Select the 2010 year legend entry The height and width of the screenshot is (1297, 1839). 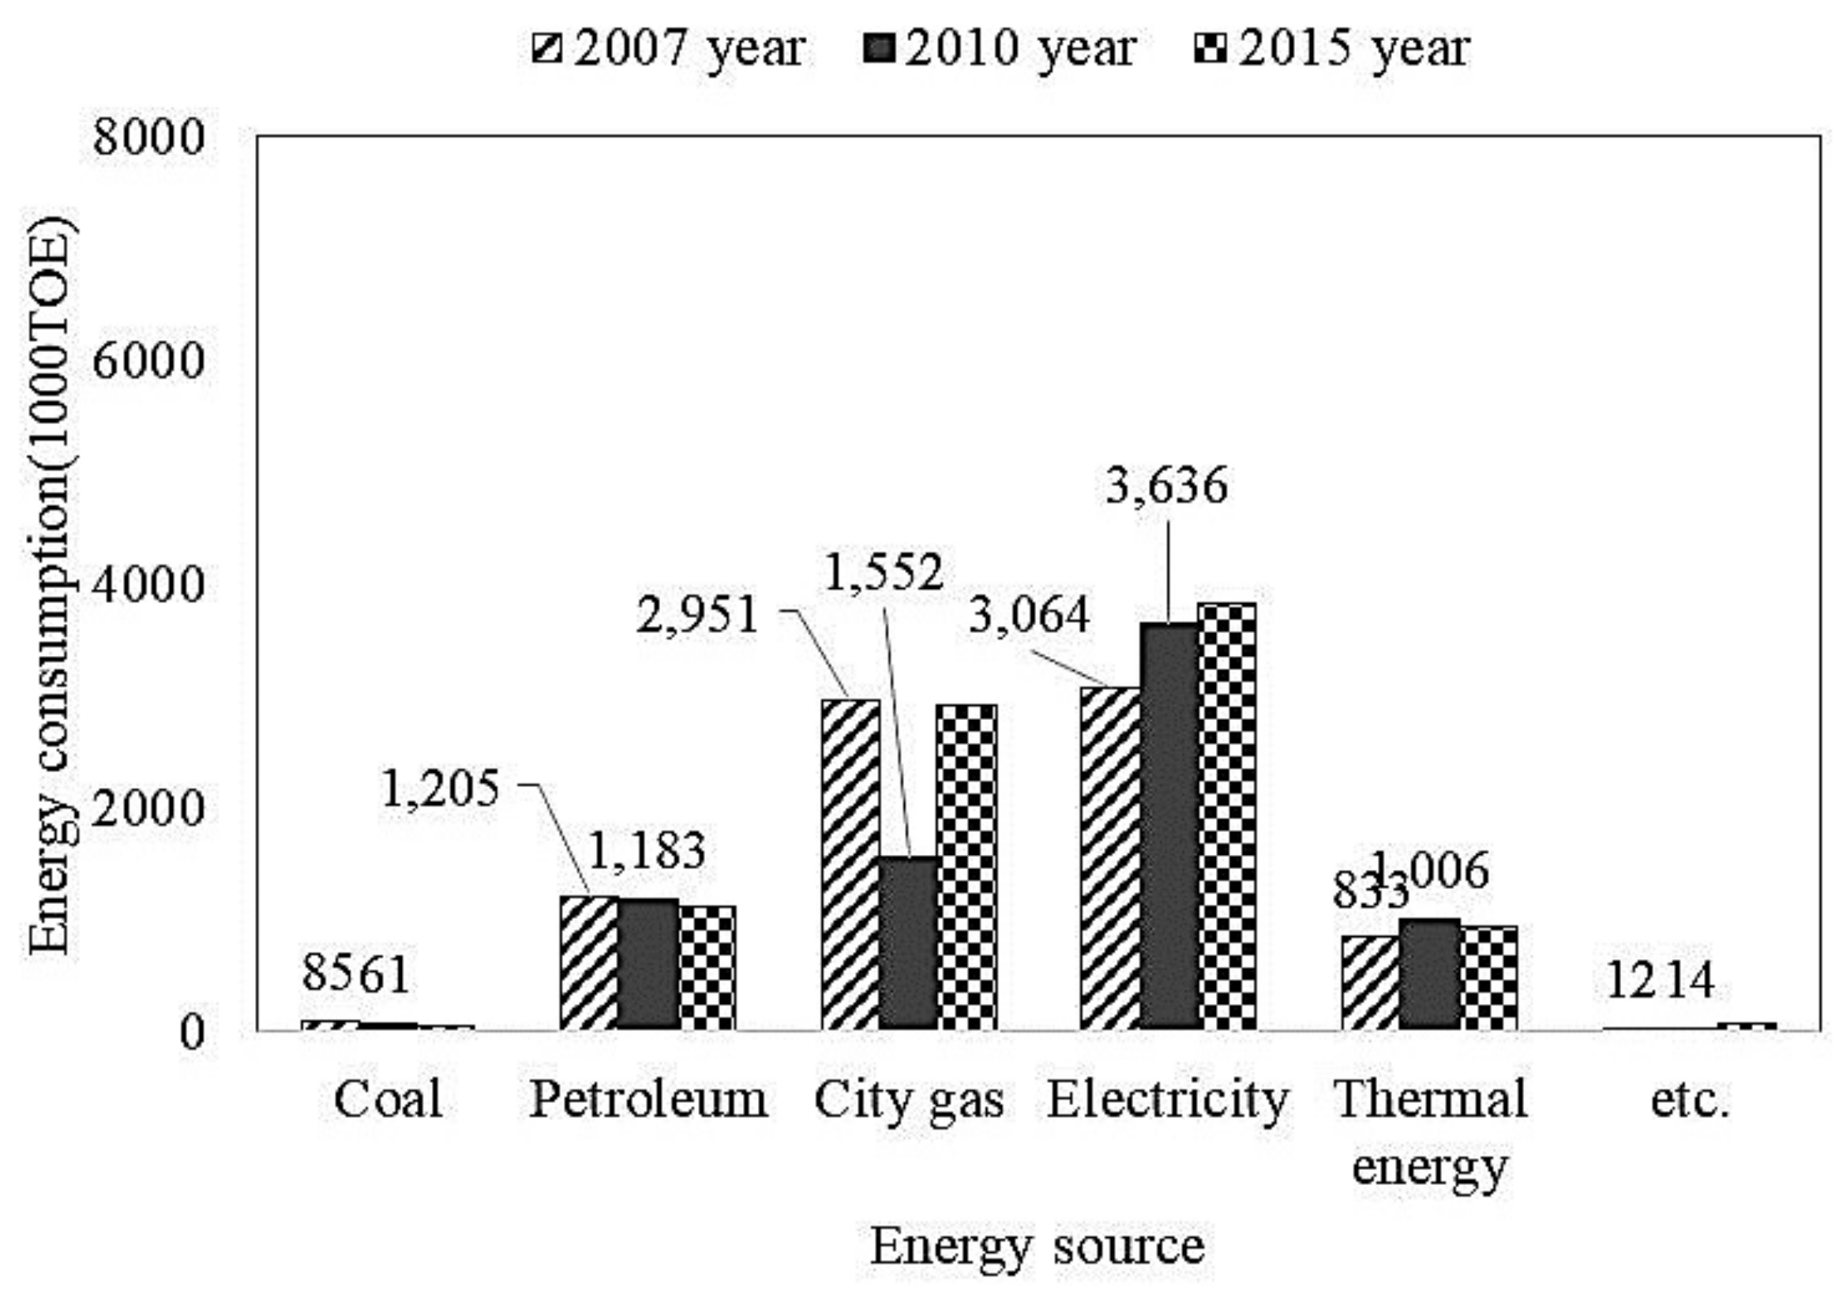(x=1000, y=50)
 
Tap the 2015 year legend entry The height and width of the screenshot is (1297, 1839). (x=1331, y=50)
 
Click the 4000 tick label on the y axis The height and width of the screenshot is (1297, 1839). (x=150, y=584)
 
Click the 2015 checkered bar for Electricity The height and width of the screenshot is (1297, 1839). (x=1226, y=815)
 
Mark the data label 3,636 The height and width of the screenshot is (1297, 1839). (x=1166, y=485)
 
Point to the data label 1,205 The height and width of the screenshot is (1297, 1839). (x=440, y=789)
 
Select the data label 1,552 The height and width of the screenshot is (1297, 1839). (x=884, y=572)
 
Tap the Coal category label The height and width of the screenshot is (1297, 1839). (x=388, y=1099)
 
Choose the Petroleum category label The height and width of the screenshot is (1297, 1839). (x=649, y=1099)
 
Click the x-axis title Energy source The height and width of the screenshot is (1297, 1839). (x=1038, y=1246)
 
